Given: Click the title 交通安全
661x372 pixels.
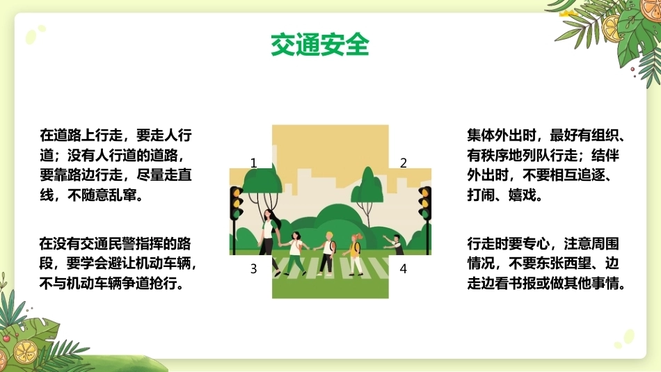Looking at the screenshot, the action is pos(320,45).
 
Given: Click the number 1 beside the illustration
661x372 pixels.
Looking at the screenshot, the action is pos(253,163).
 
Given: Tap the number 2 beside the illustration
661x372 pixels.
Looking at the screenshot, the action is pos(404,163).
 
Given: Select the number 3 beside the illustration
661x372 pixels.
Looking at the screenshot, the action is pos(253,268).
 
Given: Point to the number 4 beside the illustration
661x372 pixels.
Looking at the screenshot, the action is pos(404,268).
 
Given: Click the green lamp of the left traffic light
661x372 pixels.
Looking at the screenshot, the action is pos(237,213).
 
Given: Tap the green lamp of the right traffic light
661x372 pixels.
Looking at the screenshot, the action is pos(424,213).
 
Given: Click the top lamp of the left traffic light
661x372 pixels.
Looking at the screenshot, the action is pos(237,193).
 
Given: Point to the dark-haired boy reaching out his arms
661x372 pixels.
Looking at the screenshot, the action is pos(394,245).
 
